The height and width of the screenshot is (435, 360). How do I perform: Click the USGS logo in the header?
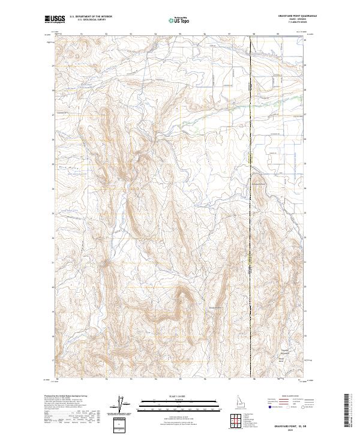[x=55, y=19]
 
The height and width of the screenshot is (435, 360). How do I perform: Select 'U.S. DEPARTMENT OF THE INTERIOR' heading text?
[x=91, y=17]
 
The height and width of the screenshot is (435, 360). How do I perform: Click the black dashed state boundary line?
[x=250, y=240]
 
